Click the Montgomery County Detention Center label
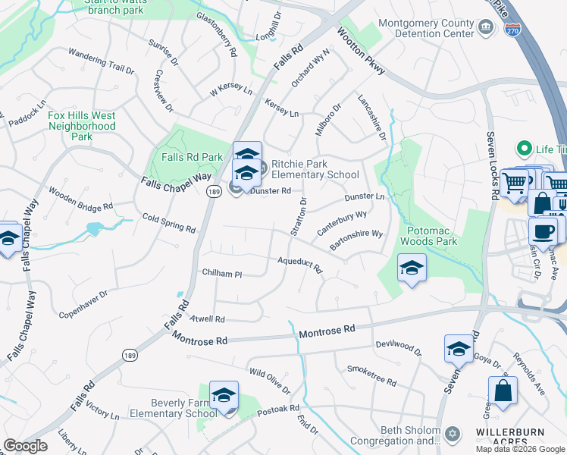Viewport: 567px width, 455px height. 425,29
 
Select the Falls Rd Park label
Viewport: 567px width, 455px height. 192,157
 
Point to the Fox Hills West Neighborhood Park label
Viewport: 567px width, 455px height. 81,126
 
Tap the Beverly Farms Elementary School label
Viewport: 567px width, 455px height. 174,408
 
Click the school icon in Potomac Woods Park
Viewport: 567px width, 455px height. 412,268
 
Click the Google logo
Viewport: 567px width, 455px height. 26,446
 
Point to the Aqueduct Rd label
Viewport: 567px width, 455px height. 300,264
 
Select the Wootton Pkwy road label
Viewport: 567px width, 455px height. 361,52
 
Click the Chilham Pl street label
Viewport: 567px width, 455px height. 221,273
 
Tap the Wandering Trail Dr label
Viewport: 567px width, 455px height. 101,60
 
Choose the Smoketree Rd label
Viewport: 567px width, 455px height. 371,375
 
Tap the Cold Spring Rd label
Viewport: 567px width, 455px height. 169,223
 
